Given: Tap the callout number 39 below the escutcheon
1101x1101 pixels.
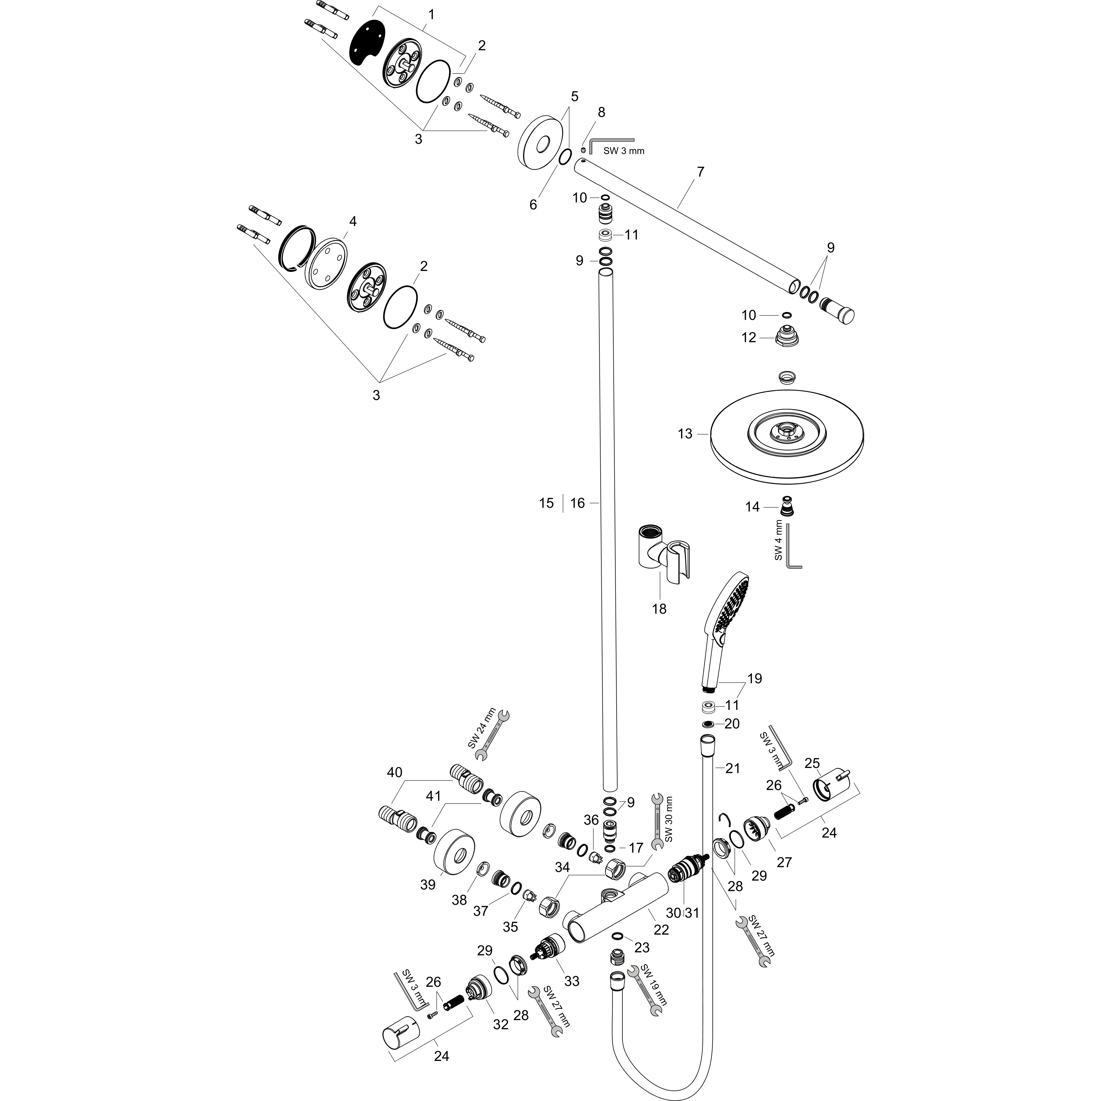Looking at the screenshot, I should pos(427,884).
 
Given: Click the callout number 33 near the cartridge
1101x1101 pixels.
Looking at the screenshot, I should pos(571,981).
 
